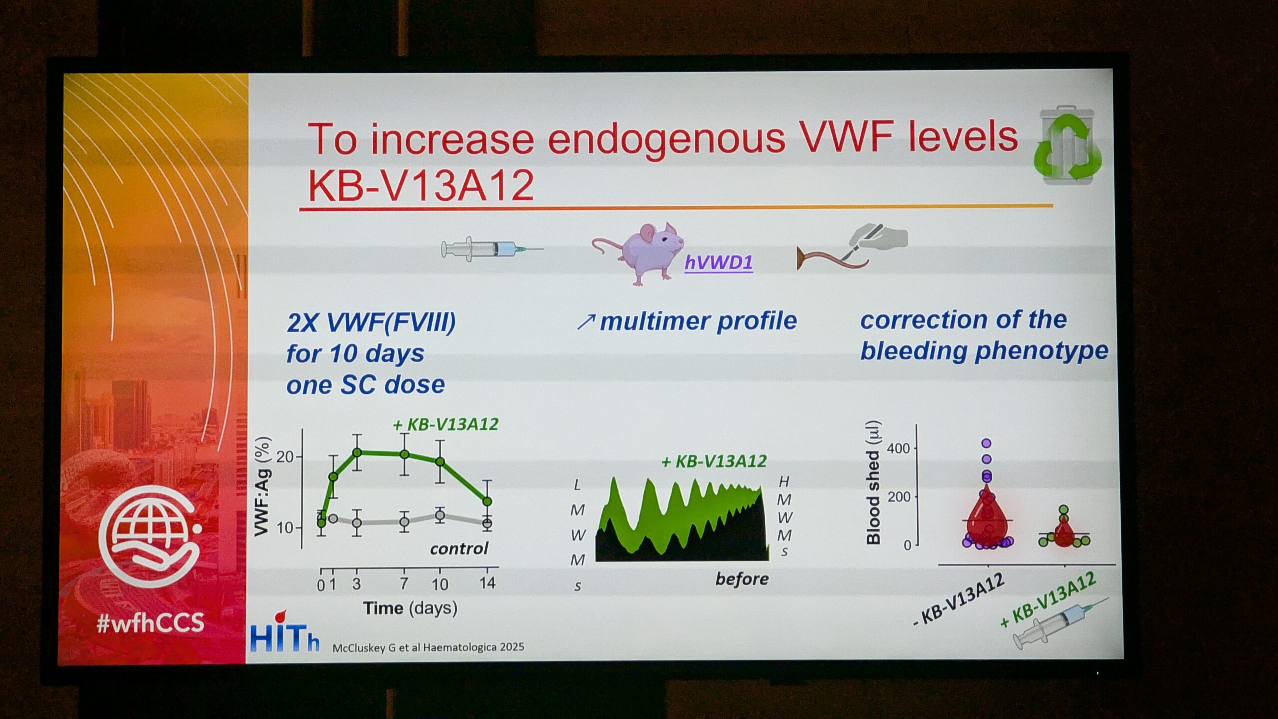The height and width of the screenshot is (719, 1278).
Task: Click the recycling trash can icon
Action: click(x=1067, y=145)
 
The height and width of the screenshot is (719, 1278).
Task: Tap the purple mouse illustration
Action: click(x=639, y=254)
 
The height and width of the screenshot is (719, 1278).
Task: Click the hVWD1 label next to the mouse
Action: click(x=718, y=263)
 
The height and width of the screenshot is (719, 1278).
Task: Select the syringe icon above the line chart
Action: click(x=492, y=248)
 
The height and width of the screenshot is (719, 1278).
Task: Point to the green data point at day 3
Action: click(x=357, y=452)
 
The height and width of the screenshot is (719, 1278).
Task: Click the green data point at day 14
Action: click(x=487, y=501)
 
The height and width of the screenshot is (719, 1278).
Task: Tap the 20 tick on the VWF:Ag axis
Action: click(x=285, y=457)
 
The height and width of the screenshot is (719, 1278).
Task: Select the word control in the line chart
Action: click(x=459, y=549)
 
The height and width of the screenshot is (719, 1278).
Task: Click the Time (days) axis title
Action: click(x=410, y=608)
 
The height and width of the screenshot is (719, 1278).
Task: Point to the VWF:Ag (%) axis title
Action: click(x=263, y=486)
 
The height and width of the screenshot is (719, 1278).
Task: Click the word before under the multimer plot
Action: click(x=742, y=579)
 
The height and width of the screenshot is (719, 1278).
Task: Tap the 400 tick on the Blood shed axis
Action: click(x=898, y=448)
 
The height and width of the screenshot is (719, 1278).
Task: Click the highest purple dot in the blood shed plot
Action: click(x=986, y=443)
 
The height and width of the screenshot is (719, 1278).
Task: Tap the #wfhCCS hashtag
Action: click(x=151, y=623)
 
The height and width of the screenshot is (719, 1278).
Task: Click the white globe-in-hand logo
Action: click(x=150, y=537)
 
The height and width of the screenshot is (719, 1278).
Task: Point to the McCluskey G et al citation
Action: click(x=428, y=647)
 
